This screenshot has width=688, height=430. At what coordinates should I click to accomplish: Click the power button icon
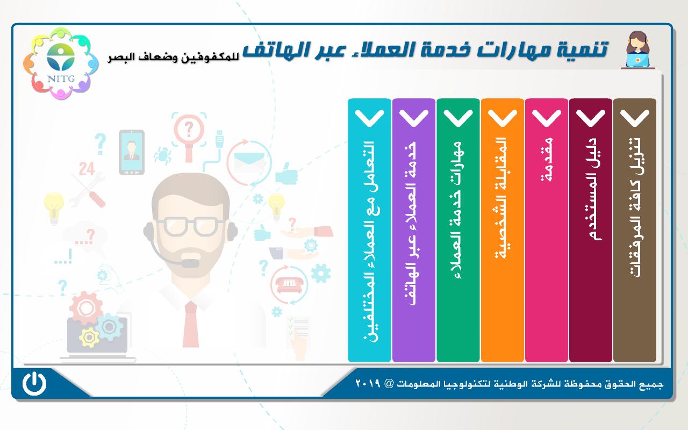34,383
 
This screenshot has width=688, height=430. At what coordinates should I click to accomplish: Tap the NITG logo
61,63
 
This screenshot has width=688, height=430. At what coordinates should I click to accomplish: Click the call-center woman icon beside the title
637,49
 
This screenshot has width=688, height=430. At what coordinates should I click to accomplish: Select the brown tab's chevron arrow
635,118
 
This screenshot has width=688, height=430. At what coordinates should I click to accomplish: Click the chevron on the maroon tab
590,118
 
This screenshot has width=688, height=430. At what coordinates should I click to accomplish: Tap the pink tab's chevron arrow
547,118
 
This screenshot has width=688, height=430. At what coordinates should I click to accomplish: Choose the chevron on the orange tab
502,118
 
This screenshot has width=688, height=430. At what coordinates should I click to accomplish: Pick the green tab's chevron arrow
458,118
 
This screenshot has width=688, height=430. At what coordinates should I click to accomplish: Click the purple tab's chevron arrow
414,118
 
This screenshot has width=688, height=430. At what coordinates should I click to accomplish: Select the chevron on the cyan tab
369,118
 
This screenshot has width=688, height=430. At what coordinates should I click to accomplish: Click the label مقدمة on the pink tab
547,160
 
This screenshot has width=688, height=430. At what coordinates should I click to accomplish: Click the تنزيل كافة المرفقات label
635,207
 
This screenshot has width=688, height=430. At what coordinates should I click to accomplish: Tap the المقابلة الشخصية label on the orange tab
503,198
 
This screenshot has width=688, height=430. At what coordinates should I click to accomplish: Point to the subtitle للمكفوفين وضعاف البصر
173,58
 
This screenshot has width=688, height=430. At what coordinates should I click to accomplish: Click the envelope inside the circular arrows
249,163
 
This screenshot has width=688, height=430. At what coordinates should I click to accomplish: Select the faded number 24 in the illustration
87,169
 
